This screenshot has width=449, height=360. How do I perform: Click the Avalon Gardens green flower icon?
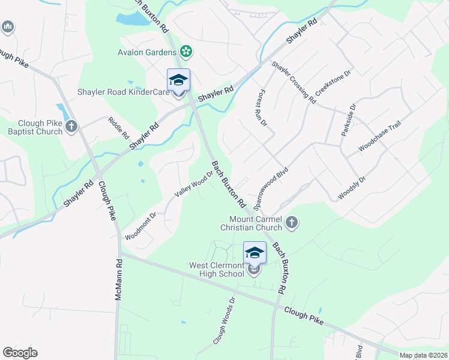click(186, 52)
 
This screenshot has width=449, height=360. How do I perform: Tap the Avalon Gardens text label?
click(147, 52)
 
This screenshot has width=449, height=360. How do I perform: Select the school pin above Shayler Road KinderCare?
click(178, 80)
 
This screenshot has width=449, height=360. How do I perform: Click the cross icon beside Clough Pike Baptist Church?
click(71, 126)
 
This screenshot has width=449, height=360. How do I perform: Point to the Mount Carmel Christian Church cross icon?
click(292, 223)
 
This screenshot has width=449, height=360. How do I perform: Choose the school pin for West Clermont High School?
click(255, 253)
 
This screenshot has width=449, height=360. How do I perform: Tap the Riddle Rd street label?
click(119, 128)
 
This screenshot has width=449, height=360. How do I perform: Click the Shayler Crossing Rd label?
click(293, 82)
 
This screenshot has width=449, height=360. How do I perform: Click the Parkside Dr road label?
click(349, 119)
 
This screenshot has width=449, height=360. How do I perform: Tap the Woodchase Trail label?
click(379, 136)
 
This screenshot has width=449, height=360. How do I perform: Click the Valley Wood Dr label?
click(194, 185)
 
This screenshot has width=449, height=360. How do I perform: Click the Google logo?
click(20, 353)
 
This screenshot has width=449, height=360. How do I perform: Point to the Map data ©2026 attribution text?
click(424, 355)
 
